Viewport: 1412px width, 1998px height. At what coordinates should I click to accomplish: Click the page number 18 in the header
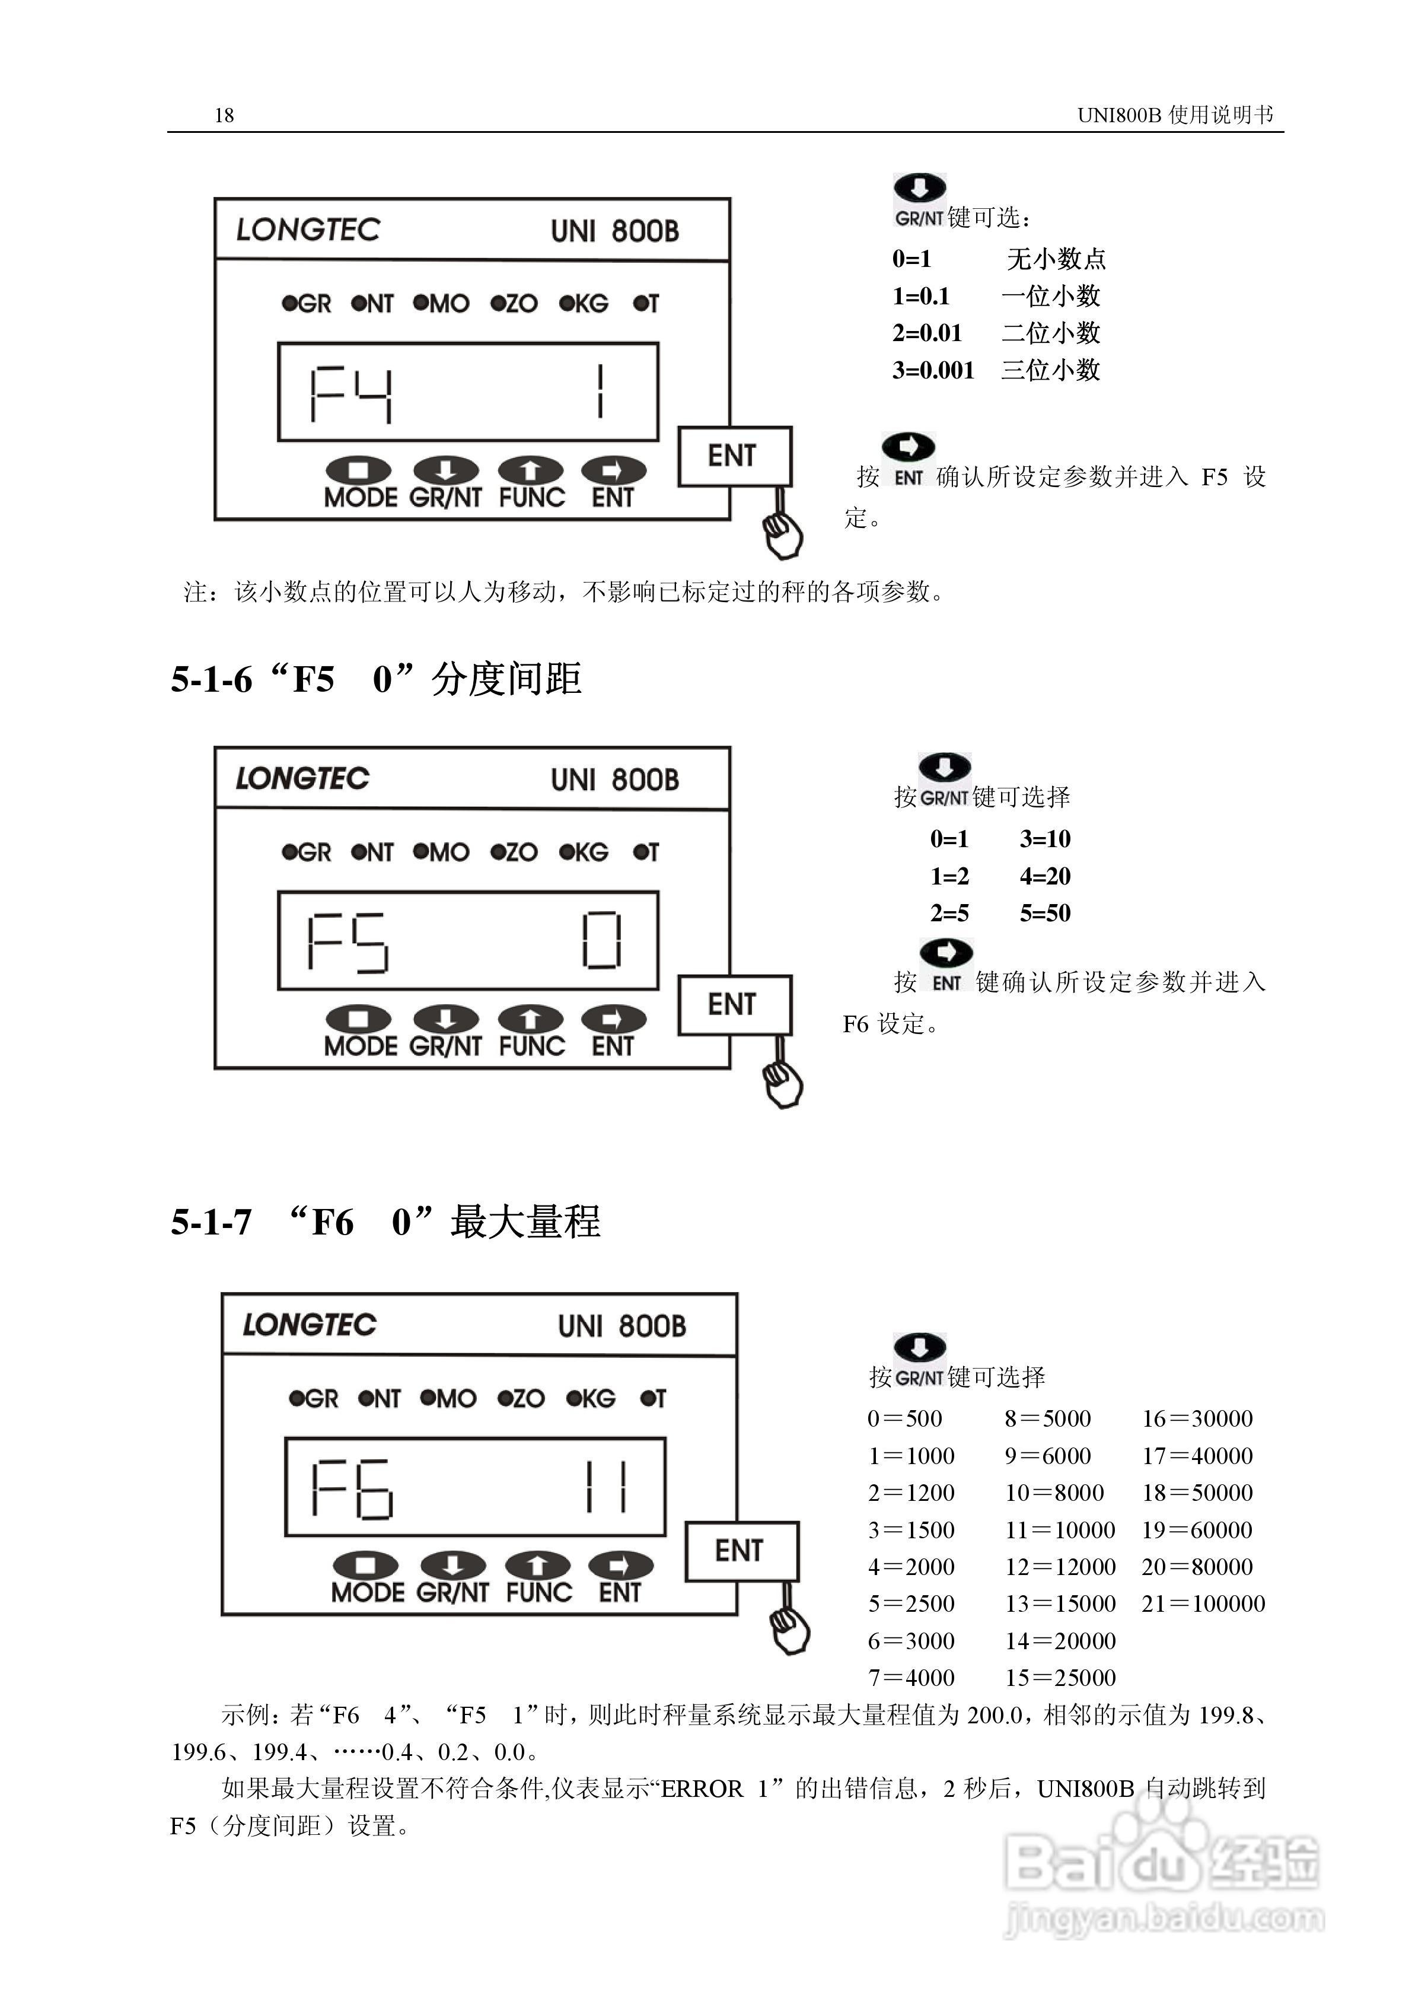[x=224, y=115]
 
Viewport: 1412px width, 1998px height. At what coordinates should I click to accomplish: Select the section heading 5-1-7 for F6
[x=384, y=1222]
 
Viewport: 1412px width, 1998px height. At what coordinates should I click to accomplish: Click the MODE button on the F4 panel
[x=358, y=471]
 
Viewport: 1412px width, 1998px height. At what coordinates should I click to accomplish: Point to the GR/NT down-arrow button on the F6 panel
[x=452, y=1566]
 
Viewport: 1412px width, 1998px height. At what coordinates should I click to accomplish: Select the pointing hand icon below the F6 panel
[x=790, y=1629]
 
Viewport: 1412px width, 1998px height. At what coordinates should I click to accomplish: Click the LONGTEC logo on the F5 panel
[x=303, y=778]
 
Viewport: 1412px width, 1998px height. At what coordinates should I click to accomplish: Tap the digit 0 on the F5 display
[x=601, y=941]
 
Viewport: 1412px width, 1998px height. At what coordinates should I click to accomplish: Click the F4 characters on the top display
[x=352, y=395]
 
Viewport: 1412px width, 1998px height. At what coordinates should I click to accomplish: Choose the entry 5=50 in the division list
[x=1045, y=914]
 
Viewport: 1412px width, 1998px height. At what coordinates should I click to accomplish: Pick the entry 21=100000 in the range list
[x=1203, y=1604]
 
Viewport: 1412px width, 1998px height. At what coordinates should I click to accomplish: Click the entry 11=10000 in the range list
[x=1060, y=1530]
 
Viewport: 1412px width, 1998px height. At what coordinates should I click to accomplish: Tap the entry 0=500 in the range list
[x=905, y=1420]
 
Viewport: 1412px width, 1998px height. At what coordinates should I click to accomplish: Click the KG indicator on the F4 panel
[x=584, y=304]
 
